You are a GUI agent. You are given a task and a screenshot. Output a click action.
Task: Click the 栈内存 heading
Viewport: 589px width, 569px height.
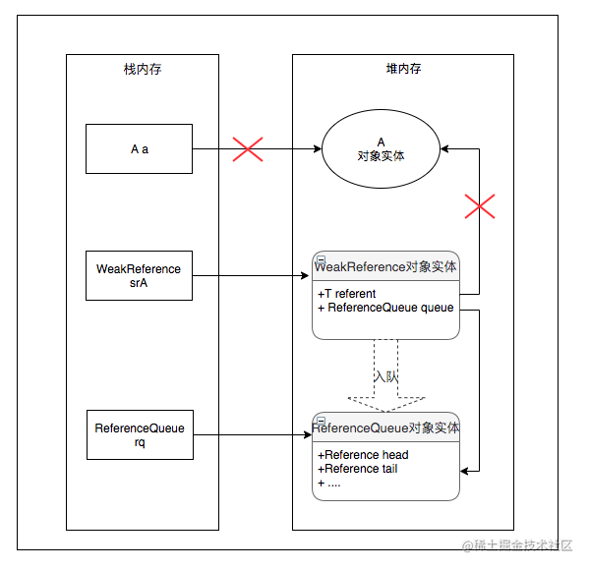click(143, 69)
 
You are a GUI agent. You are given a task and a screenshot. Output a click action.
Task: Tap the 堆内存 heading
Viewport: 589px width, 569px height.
click(403, 69)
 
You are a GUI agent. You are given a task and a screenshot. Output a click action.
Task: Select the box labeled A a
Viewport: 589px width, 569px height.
click(139, 149)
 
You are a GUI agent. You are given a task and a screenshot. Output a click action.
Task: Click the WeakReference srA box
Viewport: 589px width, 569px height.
click(139, 275)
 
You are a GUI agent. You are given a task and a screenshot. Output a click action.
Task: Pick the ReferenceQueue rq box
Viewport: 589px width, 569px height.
click(140, 434)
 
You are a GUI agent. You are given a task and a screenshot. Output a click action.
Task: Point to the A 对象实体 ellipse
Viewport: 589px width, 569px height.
click(381, 148)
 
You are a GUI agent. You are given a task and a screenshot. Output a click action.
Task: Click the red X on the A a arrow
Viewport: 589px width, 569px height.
click(248, 149)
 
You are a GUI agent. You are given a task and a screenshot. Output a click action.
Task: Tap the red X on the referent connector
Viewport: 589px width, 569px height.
click(480, 206)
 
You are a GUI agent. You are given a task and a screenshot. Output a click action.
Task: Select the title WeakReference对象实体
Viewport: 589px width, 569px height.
click(385, 267)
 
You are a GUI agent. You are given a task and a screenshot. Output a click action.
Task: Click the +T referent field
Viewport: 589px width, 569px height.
click(346, 294)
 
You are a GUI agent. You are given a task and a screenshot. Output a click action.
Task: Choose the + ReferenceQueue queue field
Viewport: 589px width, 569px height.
click(385, 308)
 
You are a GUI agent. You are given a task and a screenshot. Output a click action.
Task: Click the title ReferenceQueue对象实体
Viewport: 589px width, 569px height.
click(385, 427)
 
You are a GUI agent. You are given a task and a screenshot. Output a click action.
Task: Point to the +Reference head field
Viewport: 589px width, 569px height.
click(363, 455)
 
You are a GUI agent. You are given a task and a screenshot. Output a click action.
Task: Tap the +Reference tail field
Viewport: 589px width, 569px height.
click(357, 469)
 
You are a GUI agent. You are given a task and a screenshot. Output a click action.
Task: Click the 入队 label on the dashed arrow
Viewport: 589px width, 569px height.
click(386, 376)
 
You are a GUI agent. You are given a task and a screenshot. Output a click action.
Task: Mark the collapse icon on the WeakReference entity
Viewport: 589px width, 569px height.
click(321, 259)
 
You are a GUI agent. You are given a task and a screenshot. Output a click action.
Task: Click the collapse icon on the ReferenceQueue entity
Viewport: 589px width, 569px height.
click(321, 421)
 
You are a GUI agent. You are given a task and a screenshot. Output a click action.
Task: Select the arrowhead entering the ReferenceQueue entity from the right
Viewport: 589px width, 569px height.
click(464, 471)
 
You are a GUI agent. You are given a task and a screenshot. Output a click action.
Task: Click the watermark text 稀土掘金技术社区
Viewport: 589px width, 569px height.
click(517, 545)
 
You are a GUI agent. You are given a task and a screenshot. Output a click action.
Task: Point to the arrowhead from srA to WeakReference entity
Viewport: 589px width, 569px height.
click(305, 276)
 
